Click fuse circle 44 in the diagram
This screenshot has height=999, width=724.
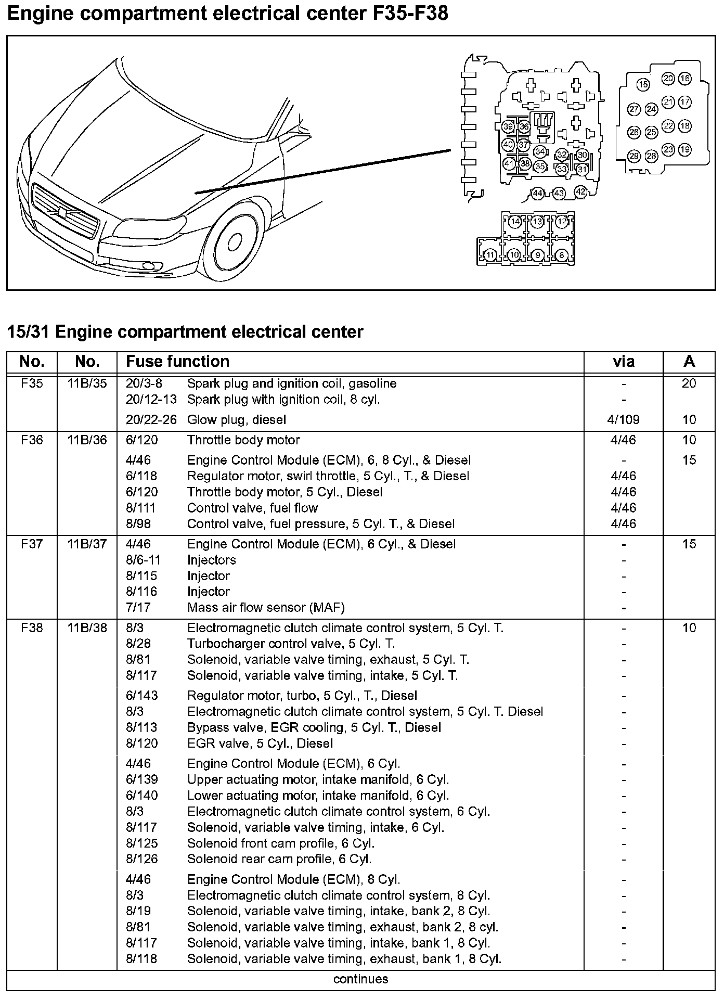(537, 193)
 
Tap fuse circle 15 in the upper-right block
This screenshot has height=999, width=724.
(643, 84)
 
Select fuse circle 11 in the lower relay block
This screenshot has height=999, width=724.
(490, 255)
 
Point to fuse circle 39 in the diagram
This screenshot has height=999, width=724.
(508, 126)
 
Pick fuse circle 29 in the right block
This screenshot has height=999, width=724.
(633, 155)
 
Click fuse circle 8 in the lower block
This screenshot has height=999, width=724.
(561, 255)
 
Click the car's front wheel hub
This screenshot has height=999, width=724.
(234, 241)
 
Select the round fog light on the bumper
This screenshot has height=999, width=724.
(150, 266)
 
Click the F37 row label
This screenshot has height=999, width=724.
(32, 544)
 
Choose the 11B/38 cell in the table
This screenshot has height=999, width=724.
(87, 627)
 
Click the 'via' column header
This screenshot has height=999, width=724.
(623, 361)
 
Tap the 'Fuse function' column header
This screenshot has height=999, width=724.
(177, 361)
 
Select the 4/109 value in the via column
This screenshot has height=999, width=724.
(623, 419)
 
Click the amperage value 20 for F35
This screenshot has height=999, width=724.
(689, 383)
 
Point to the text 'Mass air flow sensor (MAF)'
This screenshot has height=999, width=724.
(266, 607)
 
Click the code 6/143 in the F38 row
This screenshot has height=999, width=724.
(141, 695)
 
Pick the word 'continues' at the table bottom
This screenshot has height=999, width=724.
(360, 979)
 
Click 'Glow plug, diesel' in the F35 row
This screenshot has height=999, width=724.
(236, 419)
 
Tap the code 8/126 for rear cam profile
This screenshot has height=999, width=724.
(141, 859)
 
